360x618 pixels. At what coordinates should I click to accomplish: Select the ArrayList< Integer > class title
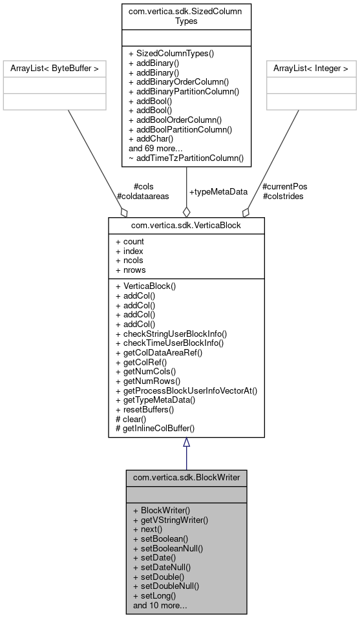tap(311, 68)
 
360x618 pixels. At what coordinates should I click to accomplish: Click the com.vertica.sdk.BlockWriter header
tap(186, 477)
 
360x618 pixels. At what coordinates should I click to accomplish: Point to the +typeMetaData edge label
tap(218, 192)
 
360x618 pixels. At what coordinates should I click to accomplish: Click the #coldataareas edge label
tap(143, 196)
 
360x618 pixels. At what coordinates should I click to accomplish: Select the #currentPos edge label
tap(285, 187)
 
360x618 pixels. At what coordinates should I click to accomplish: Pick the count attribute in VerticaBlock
tap(130, 242)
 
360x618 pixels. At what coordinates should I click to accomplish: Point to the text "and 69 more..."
tap(156, 148)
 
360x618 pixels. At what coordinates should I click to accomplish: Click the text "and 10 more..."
tap(160, 606)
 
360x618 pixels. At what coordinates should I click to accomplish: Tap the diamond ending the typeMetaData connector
tap(186, 211)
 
